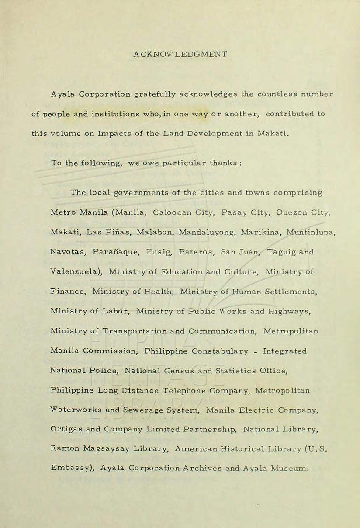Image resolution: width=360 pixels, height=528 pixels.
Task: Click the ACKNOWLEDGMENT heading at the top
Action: tap(180, 55)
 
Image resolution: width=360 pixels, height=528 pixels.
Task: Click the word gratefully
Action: tap(155, 94)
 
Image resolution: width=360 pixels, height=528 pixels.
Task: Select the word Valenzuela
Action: tap(76, 272)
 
